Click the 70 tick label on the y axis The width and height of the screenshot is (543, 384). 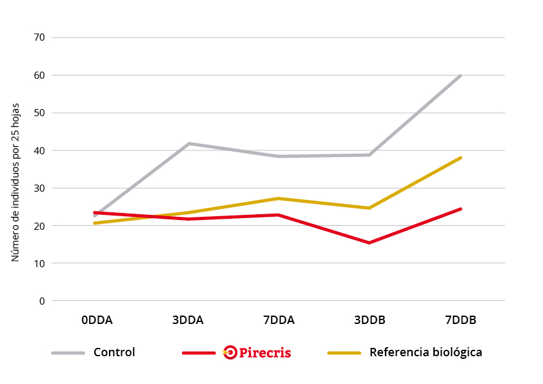point(39,37)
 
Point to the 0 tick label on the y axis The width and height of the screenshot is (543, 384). point(42,301)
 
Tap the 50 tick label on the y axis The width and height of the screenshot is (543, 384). point(39,113)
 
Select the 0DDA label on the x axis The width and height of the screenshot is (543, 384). point(97,320)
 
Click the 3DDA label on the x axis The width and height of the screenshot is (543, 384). point(188,320)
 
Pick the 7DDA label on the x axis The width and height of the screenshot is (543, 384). point(279,320)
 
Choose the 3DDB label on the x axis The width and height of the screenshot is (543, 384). point(370,320)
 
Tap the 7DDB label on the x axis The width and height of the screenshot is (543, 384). point(460,320)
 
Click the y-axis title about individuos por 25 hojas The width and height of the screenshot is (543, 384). point(15,182)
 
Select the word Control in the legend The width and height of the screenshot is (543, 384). point(114,352)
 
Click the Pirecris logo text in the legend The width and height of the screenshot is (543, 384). point(265,353)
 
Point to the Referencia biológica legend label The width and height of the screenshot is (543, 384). point(426,352)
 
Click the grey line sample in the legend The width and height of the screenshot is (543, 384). point(68,353)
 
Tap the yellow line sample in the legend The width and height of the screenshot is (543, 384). point(344,353)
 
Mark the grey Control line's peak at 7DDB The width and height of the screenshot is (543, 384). point(460,76)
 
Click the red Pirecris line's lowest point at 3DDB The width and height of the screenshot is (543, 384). point(370,243)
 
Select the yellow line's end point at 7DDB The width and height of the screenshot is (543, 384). point(460,158)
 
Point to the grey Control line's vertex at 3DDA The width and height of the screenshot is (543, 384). point(188,143)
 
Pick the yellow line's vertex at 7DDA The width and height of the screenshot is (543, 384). point(279,199)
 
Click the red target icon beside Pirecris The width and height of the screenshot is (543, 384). point(230,352)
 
